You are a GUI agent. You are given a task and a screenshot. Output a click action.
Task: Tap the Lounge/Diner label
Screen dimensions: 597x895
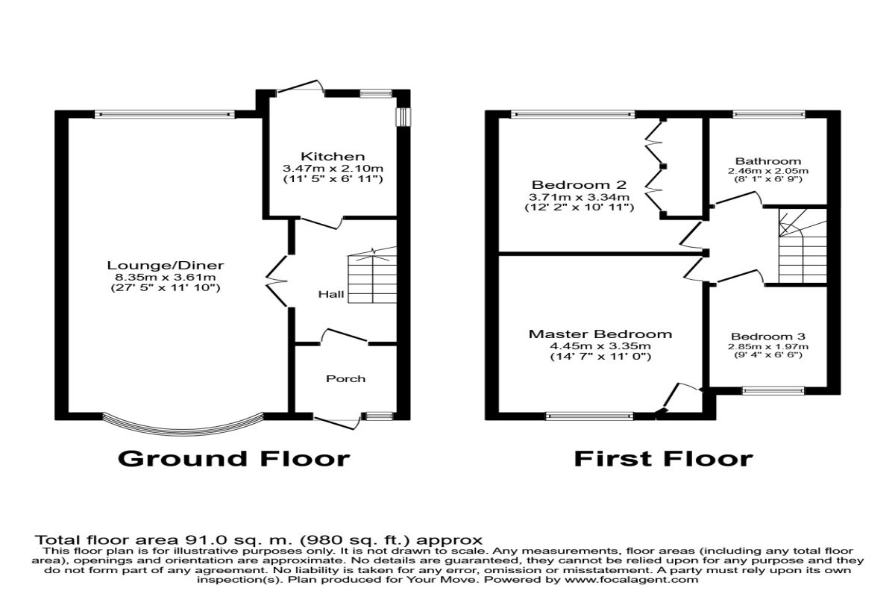point(166,266)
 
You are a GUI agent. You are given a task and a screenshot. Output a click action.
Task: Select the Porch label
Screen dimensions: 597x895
point(346,378)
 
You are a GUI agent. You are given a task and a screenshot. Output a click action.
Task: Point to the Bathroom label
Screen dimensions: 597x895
point(767,160)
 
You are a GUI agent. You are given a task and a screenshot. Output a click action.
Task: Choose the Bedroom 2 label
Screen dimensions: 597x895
point(579,184)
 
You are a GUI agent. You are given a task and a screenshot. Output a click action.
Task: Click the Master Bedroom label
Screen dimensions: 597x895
point(600,334)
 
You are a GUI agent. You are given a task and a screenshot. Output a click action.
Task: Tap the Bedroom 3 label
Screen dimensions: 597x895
point(767,337)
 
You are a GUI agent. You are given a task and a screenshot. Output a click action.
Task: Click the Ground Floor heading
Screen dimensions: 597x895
point(233,457)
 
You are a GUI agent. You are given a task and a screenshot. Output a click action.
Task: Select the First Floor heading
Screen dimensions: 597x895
point(663,457)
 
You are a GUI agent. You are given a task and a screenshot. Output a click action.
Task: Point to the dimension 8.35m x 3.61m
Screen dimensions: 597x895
point(166,278)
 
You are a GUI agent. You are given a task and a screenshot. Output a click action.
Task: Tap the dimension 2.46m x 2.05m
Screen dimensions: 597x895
point(767,171)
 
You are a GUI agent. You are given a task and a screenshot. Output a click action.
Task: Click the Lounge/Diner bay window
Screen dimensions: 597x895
point(182,426)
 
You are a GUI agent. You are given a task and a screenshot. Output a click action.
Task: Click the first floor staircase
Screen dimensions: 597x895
point(802,246)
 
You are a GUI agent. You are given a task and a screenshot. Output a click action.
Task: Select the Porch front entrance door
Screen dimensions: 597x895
point(338,422)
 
